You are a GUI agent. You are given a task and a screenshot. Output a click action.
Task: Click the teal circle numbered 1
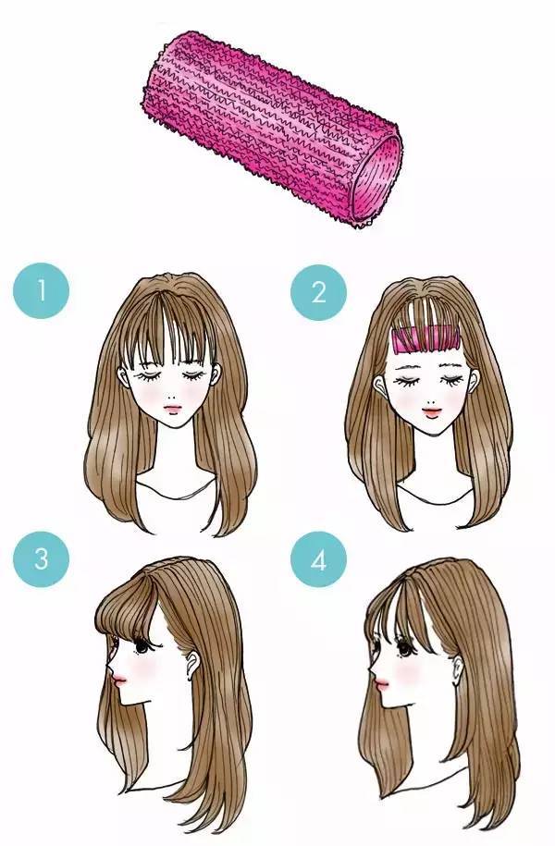[x=41, y=291]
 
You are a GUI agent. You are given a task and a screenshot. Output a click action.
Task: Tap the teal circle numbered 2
[x=318, y=292]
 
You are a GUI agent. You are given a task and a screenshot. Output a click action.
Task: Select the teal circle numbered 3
[x=41, y=559]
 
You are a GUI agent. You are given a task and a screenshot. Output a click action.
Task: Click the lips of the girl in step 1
[x=172, y=408]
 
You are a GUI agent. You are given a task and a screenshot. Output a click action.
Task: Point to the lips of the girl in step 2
[x=431, y=411]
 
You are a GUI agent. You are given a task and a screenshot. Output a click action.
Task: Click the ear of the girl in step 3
[x=191, y=664]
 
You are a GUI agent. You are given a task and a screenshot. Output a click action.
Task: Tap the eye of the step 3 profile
[x=142, y=645]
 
